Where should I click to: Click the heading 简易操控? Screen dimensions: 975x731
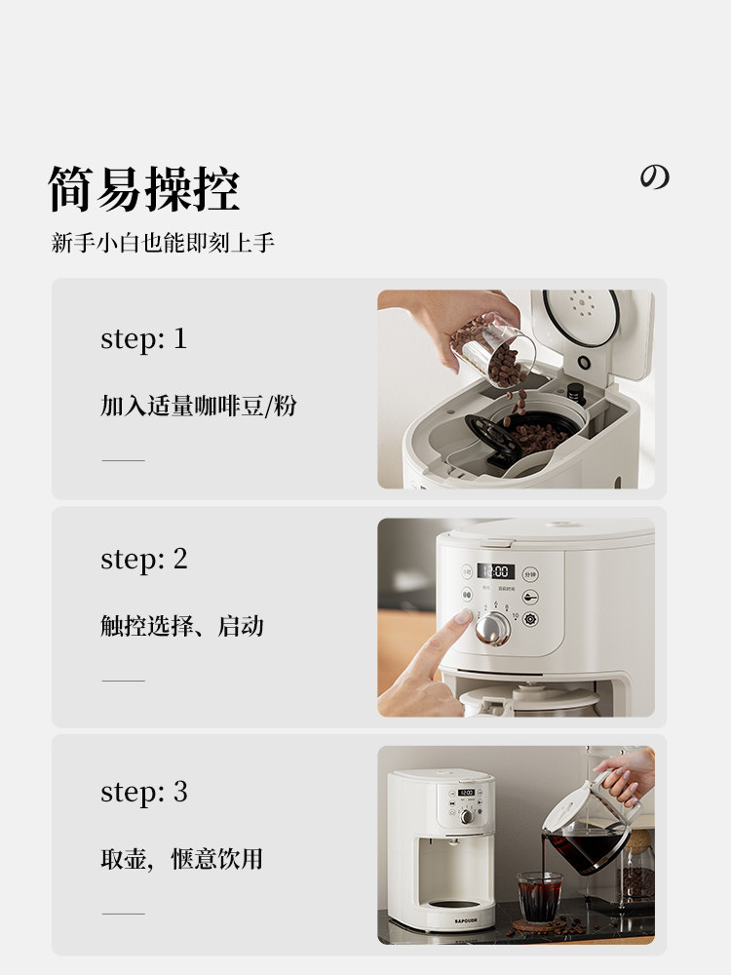click(x=144, y=188)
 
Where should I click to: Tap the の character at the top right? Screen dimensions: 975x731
click(x=654, y=177)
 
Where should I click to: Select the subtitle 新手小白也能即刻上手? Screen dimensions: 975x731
click(x=163, y=244)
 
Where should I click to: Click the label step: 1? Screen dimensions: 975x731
click(x=143, y=338)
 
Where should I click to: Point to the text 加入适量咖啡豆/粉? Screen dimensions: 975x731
click(x=198, y=406)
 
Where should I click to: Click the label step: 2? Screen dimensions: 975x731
click(x=143, y=559)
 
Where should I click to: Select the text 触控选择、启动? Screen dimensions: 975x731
click(x=182, y=626)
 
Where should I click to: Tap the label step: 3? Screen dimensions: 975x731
click(x=143, y=792)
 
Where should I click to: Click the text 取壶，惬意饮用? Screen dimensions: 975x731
click(x=182, y=859)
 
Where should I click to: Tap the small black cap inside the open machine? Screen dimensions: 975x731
click(x=576, y=393)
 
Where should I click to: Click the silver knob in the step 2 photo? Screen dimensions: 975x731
click(x=492, y=629)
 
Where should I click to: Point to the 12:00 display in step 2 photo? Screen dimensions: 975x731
click(x=495, y=571)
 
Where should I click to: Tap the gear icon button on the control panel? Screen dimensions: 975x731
click(x=530, y=619)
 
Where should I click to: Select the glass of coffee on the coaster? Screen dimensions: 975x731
click(x=539, y=895)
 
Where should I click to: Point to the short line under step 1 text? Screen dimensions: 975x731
click(x=123, y=459)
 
